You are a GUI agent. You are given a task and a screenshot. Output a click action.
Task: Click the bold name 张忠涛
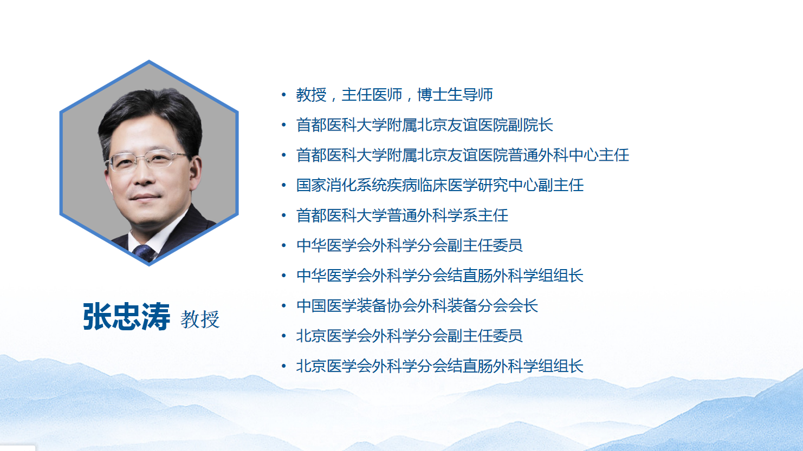[x=127, y=316]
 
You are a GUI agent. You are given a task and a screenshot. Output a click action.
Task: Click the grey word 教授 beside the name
[x=200, y=319]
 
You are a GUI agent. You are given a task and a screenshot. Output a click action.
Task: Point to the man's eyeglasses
[x=147, y=160]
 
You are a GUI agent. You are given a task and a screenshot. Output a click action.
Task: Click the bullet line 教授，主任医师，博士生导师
[x=394, y=95]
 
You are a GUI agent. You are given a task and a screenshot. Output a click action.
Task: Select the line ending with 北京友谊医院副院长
[x=424, y=125]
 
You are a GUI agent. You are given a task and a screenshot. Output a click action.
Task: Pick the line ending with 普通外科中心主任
[x=462, y=155]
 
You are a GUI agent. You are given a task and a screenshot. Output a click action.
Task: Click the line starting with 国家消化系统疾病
[x=440, y=185]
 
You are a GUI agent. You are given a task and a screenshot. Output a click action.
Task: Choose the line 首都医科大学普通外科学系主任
[x=402, y=215]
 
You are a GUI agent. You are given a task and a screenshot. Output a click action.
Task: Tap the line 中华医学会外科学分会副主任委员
[x=410, y=245]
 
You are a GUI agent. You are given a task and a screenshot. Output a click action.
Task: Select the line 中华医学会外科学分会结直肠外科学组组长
[x=440, y=276]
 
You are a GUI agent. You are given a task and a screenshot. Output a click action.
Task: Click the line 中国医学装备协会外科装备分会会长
[x=417, y=305]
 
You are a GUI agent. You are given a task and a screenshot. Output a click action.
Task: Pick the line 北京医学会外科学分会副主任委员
[x=410, y=336]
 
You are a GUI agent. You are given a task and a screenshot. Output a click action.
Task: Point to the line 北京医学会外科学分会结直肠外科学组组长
[x=440, y=366]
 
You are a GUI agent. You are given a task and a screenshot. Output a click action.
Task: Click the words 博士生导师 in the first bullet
[x=455, y=95]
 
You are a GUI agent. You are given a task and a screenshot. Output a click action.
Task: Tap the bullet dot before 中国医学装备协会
[x=284, y=305]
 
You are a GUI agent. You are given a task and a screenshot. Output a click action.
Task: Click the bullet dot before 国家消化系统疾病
[x=284, y=185]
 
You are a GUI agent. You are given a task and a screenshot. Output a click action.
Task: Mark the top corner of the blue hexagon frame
[x=149, y=61]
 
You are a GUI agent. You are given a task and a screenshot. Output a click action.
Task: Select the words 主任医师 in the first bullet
[x=372, y=95]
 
